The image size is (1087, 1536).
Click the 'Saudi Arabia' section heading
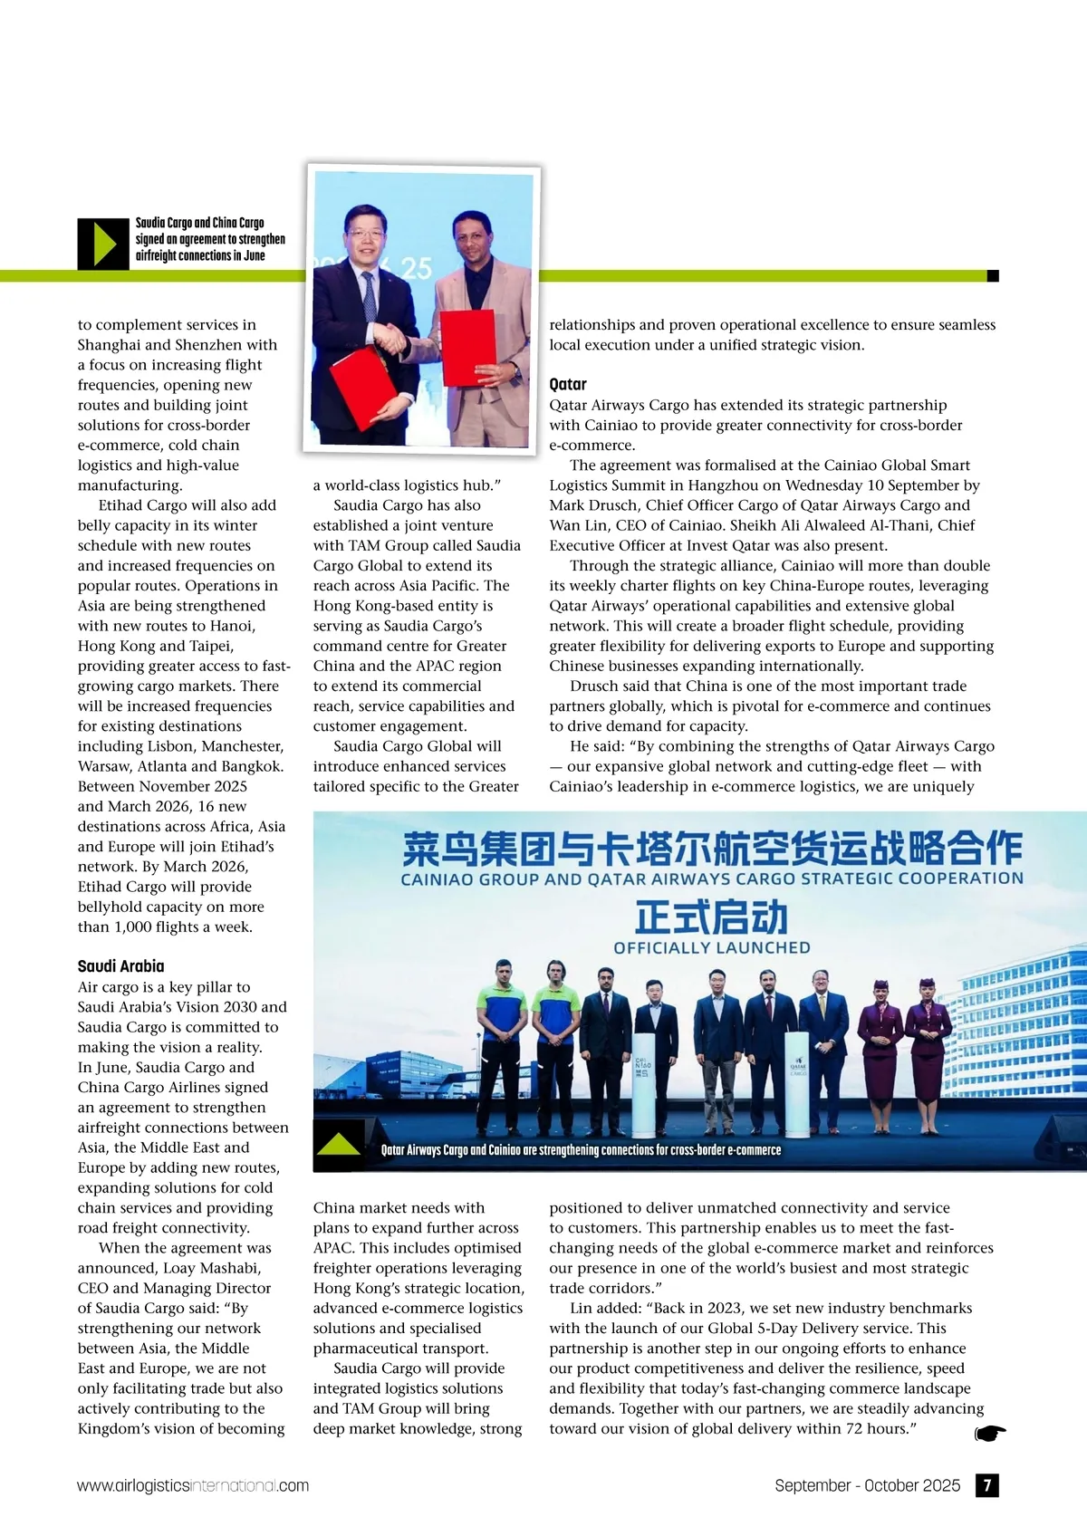120,965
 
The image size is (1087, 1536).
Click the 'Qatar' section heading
568,384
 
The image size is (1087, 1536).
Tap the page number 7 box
986,1485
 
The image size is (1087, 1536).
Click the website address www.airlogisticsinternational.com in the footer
193,1486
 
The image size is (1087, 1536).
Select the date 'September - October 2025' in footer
867,1485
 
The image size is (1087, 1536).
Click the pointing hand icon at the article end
990,1433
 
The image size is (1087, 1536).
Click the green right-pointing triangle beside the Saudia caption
104,244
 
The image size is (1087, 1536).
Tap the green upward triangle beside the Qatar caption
340,1144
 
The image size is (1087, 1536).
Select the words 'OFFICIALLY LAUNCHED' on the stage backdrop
712,948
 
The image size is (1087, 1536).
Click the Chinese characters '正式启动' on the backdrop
711,917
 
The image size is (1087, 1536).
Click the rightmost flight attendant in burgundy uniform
927,1042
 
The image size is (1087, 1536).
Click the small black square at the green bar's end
993,275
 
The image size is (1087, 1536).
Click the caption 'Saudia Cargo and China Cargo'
200,223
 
